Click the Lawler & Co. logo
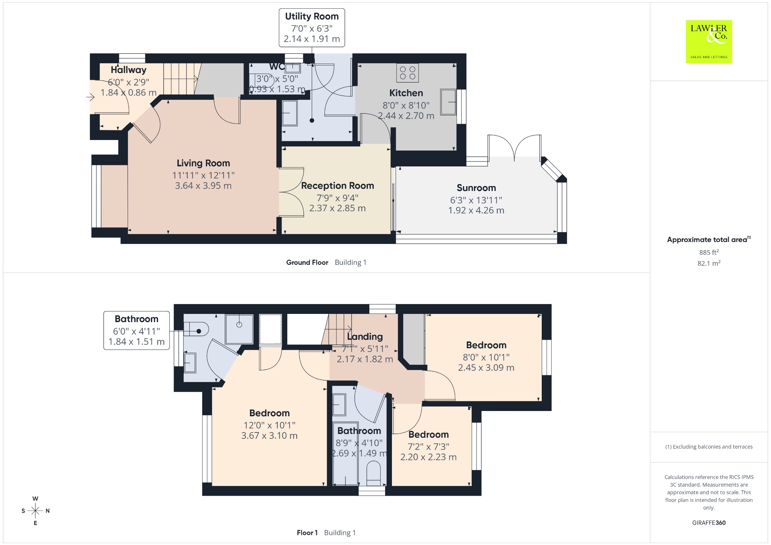709,41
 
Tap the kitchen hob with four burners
407,73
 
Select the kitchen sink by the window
448,102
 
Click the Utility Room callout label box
312,28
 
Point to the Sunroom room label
476,188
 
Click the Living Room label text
203,163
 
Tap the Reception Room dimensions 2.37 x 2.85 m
337,208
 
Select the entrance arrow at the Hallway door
90,97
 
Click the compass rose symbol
35,511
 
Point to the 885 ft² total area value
709,252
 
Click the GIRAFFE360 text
709,522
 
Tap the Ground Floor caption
307,262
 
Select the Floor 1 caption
307,533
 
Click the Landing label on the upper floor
365,336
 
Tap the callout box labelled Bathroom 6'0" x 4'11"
137,330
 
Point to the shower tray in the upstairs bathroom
239,329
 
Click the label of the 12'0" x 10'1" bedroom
270,413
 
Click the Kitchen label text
406,93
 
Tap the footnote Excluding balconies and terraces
709,447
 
